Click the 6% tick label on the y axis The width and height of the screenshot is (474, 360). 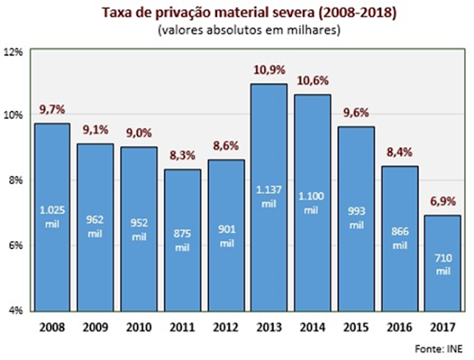pos(17,245)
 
